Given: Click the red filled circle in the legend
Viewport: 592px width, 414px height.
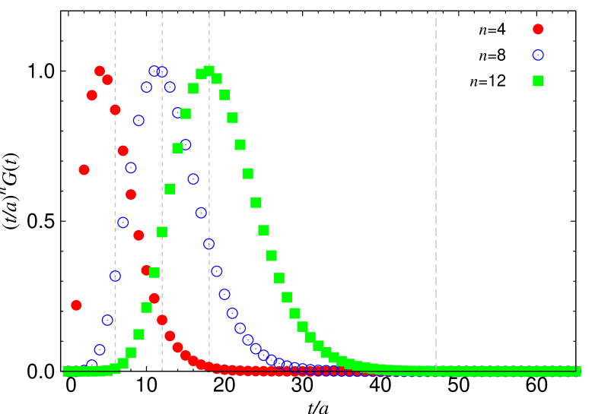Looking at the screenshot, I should click(538, 29).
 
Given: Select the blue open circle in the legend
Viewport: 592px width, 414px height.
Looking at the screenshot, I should click(538, 55).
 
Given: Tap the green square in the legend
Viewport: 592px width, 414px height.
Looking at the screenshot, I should click(538, 81).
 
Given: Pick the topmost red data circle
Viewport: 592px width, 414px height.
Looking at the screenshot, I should click(100, 71).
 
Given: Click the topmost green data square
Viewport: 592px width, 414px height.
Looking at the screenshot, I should click(209, 71).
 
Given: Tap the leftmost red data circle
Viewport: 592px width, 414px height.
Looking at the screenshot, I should click(76, 305).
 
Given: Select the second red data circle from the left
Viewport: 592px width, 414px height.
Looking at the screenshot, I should click(84, 169).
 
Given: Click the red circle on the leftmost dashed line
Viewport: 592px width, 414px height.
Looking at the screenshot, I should click(115, 109).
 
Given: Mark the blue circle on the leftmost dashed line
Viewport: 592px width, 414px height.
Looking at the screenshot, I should click(115, 276).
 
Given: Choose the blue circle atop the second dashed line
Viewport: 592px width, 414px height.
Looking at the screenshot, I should click(162, 71).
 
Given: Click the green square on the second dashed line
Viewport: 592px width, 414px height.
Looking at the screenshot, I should click(162, 232).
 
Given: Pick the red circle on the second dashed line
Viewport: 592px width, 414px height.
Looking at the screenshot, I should click(162, 320).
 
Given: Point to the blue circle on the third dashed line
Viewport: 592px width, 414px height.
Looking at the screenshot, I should click(209, 244).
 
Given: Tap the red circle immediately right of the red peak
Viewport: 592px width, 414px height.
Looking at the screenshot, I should click(107, 80).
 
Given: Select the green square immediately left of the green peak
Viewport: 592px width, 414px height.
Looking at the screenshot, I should click(202, 74).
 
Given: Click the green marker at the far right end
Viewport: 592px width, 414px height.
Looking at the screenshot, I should click(578, 371).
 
